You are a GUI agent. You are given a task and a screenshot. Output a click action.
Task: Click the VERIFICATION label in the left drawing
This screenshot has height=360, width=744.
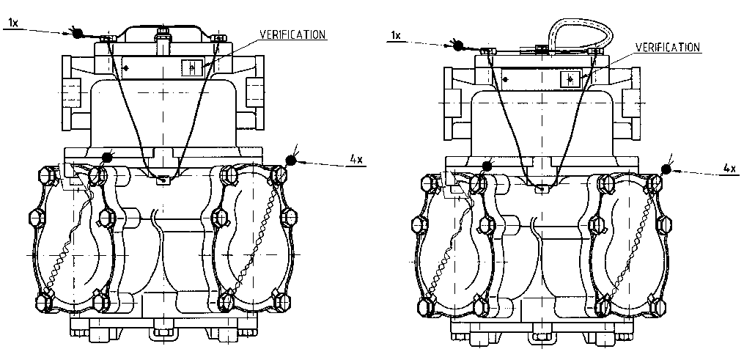coord(292,34)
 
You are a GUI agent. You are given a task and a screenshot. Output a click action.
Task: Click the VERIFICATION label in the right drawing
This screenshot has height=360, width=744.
coord(667,47)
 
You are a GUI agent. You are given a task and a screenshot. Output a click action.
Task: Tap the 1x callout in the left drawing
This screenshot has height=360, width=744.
coord(12,22)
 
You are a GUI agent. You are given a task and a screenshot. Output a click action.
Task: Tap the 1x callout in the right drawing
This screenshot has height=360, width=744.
coord(395,36)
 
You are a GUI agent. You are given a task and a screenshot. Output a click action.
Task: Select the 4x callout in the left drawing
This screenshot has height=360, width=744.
coord(356,159)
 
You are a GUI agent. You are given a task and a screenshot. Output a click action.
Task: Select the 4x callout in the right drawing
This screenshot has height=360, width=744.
coord(729,168)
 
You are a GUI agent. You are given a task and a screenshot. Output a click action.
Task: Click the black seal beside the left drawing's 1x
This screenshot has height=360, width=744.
coord(77,33)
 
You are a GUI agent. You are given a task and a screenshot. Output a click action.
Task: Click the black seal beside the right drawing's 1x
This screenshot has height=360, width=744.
coord(458,45)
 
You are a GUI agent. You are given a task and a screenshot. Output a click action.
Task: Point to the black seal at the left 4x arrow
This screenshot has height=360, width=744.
coord(290,161)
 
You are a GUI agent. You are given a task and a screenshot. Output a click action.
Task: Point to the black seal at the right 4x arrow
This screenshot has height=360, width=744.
coord(666,169)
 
